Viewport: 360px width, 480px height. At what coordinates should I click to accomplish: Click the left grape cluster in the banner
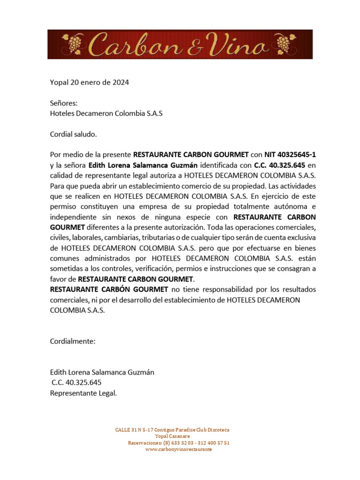pos(74,44)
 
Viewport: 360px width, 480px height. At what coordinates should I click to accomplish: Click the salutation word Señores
pos(64,103)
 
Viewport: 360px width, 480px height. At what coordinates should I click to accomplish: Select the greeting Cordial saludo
pos(73,134)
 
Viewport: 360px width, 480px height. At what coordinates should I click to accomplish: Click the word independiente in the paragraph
pos(73,217)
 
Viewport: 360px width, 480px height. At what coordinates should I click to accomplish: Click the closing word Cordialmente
pos(73,341)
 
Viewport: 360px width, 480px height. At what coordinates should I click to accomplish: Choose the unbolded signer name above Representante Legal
pos(102,372)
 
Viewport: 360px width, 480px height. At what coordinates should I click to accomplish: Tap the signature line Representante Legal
pos(83,393)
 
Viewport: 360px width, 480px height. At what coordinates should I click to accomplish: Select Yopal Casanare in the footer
pos(172,436)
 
